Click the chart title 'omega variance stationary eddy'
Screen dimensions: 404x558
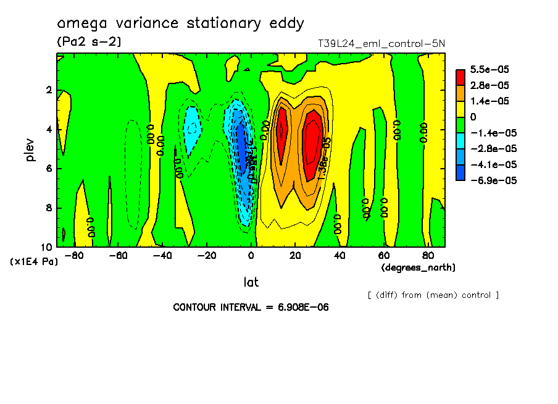180,23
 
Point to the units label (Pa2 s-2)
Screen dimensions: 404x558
89,42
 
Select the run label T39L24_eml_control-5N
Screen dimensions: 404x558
381,44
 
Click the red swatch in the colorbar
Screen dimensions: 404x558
460,77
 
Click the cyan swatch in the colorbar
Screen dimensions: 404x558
460,141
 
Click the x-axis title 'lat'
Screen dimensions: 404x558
251,282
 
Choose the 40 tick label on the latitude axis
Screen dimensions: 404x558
339,255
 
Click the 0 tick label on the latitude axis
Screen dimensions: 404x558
251,255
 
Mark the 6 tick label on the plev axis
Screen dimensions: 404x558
48,169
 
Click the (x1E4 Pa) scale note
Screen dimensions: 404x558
34,262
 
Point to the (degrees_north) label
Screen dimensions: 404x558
418,267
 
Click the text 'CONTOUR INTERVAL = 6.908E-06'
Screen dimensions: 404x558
251,307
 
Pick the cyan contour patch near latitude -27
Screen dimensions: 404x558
193,128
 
